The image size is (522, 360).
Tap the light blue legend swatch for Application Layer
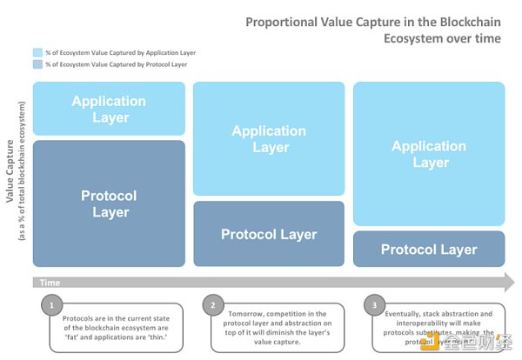pyautogui.click(x=37, y=52)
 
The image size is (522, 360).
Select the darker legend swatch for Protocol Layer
pyautogui.click(x=37, y=64)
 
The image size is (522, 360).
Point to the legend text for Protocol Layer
pyautogui.click(x=108, y=64)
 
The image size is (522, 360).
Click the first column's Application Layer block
pyautogui.click(x=110, y=109)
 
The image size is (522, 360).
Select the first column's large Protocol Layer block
pyautogui.click(x=110, y=203)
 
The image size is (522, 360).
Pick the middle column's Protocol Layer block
pyautogui.click(x=269, y=234)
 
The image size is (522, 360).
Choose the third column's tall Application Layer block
pyautogui.click(x=429, y=154)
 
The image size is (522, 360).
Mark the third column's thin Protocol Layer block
pyautogui.click(x=429, y=250)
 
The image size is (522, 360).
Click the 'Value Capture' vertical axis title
pyautogui.click(x=11, y=174)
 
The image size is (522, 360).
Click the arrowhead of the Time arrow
pyautogui.click(x=506, y=282)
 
